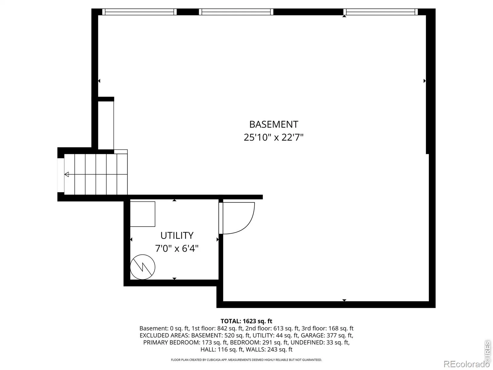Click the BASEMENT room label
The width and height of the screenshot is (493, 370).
(x=274, y=125)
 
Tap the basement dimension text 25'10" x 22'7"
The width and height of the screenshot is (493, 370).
(x=274, y=137)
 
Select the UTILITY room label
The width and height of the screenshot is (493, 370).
(x=177, y=236)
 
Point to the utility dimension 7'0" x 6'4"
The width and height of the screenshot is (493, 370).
(x=177, y=249)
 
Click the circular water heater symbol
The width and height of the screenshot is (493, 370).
(x=143, y=267)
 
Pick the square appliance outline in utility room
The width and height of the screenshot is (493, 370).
(x=143, y=214)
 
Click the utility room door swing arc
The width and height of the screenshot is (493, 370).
(x=248, y=225)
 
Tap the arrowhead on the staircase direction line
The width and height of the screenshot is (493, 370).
(x=67, y=174)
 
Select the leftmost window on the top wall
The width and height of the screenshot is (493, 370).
(x=140, y=12)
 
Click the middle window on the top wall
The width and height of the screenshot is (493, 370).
(x=236, y=12)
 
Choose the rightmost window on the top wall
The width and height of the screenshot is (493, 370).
(x=381, y=12)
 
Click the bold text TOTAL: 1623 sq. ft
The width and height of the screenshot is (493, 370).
(x=246, y=321)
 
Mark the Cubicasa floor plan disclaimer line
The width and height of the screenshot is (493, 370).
(x=246, y=360)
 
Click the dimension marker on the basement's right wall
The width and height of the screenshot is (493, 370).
(x=425, y=81)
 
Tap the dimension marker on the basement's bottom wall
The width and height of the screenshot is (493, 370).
(x=344, y=300)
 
